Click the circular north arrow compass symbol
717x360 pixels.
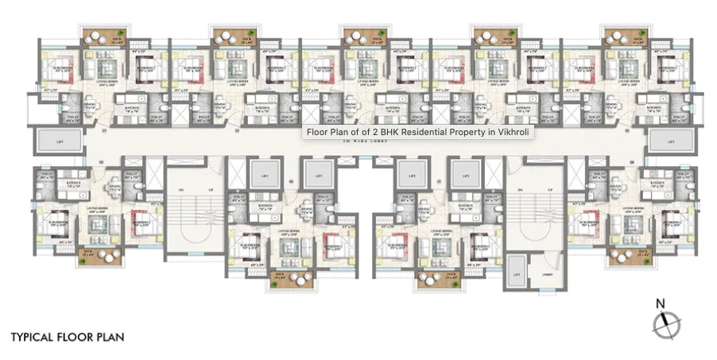coord(664,324)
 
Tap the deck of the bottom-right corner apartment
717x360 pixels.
coord(626,256)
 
